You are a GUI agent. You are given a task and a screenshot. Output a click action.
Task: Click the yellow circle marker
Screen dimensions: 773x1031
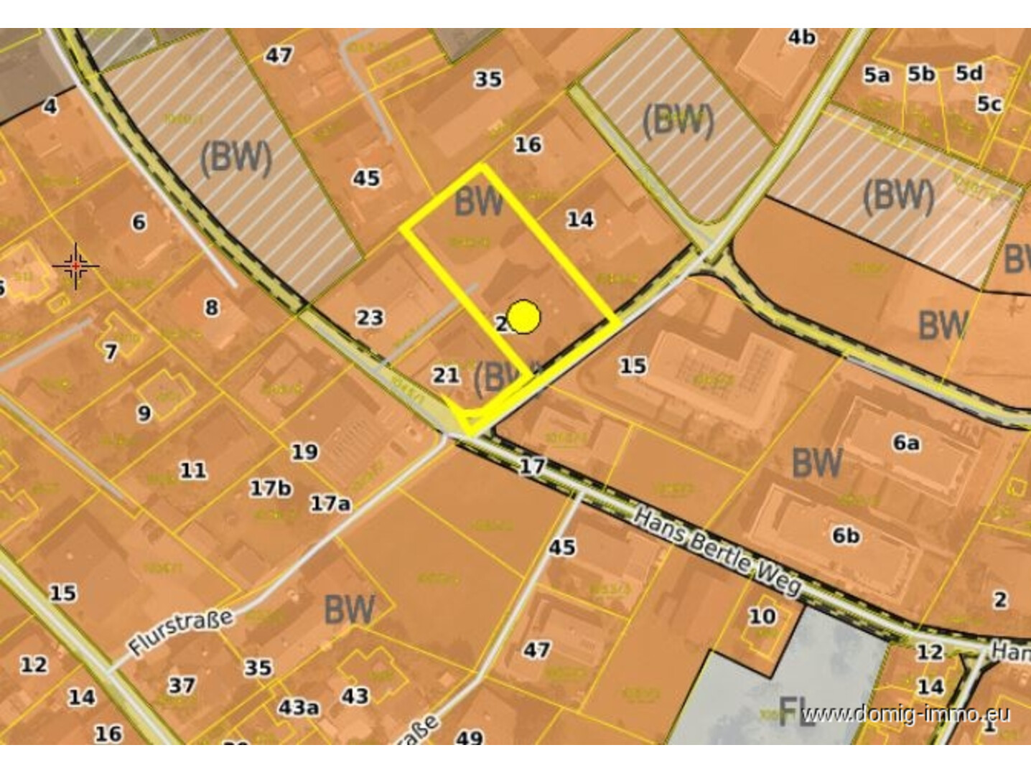click(x=524, y=317)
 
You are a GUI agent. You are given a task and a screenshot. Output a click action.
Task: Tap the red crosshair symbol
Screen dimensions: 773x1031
click(x=75, y=266)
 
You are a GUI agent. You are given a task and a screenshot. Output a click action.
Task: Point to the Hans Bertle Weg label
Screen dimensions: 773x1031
click(x=717, y=552)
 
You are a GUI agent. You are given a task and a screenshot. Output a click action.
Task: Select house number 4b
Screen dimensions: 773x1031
click(x=801, y=37)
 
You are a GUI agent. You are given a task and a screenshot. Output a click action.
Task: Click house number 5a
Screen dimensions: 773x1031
click(x=876, y=75)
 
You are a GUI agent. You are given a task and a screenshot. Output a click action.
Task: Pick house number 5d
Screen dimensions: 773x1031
click(x=969, y=73)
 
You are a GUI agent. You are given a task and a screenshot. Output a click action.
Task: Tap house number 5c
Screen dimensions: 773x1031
click(x=989, y=104)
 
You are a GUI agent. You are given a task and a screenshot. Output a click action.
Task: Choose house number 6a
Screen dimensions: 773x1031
click(x=906, y=443)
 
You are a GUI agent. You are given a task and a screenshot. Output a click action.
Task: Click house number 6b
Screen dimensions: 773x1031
click(x=846, y=535)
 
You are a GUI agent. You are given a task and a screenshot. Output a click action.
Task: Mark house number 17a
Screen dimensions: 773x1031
click(x=330, y=504)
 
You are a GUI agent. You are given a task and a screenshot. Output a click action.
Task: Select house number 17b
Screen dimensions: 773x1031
click(x=270, y=488)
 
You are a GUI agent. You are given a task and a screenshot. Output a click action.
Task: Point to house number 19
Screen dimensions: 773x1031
click(x=304, y=451)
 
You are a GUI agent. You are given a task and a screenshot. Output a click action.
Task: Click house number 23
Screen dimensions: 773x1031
click(x=370, y=317)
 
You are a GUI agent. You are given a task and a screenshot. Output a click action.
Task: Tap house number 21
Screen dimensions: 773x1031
click(x=445, y=374)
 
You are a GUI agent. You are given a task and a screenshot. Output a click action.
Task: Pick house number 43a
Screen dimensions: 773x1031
click(x=299, y=708)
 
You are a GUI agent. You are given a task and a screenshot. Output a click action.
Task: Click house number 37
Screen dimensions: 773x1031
click(x=182, y=685)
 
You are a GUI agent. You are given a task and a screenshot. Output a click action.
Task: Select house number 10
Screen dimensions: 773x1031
click(x=762, y=616)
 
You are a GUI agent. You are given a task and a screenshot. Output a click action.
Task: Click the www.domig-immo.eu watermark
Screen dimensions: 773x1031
click(x=906, y=714)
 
